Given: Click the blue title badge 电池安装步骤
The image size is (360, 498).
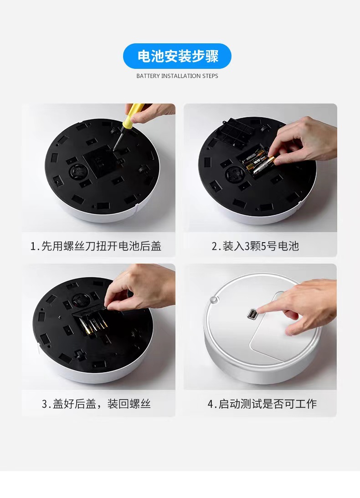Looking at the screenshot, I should click(177, 56).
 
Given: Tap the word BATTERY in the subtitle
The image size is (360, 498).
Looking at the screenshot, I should click(148, 76).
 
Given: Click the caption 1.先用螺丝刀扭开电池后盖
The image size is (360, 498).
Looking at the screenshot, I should click(96, 246).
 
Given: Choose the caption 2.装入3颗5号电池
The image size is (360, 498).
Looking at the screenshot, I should click(255, 246).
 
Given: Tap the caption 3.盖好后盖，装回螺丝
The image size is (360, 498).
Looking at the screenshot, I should click(96, 404).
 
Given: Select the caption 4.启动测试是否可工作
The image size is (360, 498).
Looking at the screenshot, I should click(262, 404).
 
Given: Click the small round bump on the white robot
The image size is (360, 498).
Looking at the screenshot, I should click(213, 300).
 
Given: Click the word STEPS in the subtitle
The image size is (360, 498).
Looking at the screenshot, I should click(210, 76).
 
